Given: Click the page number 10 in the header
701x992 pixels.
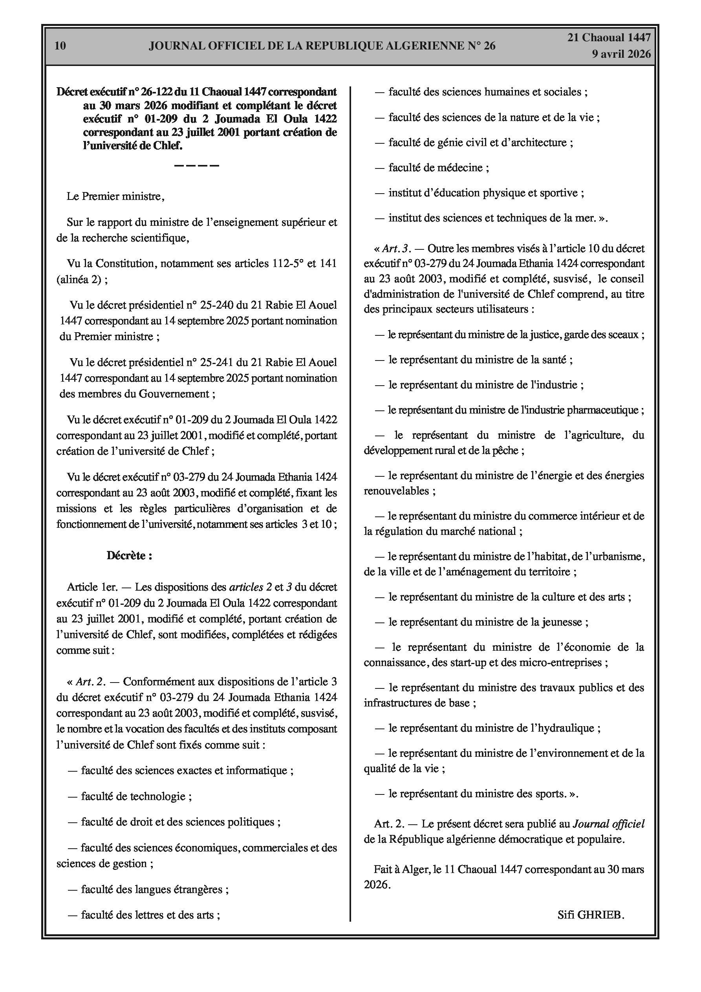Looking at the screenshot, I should pos(60,46).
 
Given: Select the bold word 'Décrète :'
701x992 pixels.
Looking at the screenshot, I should pos(129,556).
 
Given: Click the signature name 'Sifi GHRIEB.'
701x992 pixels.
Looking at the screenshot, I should pos(591,915).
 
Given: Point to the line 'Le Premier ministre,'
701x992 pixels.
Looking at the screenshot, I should pos(115,197).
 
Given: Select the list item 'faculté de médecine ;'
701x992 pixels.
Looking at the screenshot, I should pos(438,168).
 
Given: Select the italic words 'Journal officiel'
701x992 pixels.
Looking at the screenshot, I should pos(608,824).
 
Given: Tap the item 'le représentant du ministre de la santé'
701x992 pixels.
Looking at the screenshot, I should pos(480,359).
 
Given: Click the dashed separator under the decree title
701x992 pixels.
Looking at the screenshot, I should pos(197,165).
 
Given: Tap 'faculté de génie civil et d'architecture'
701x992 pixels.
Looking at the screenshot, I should pos(481,143).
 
